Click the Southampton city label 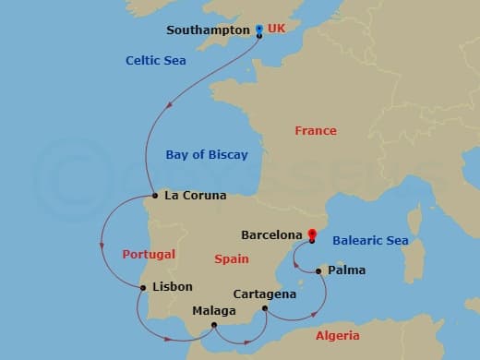pyautogui.click(x=208, y=30)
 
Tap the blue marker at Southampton pyautogui.click(x=258, y=29)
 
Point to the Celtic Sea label pyautogui.click(x=156, y=61)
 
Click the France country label pyautogui.click(x=316, y=131)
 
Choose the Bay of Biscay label pyautogui.click(x=207, y=155)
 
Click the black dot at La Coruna pyautogui.click(x=155, y=196)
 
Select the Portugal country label pyautogui.click(x=149, y=254)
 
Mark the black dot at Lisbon pyautogui.click(x=143, y=288)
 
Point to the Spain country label pyautogui.click(x=232, y=259)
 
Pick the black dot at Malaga pyautogui.click(x=214, y=324)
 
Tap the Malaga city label pyautogui.click(x=213, y=310)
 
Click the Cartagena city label pyautogui.click(x=265, y=294)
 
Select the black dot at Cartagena pyautogui.click(x=265, y=308)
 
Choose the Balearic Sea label pyautogui.click(x=369, y=241)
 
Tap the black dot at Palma pyautogui.click(x=318, y=271)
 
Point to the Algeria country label pyautogui.click(x=338, y=336)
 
